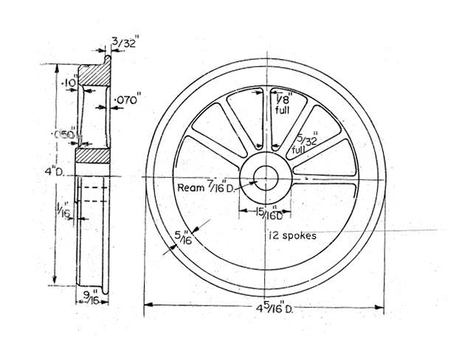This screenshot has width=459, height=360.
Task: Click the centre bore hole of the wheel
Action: tap(265, 176)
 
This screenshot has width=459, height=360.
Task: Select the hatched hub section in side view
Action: tap(94, 156)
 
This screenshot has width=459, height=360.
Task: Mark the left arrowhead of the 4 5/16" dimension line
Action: tap(148, 303)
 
